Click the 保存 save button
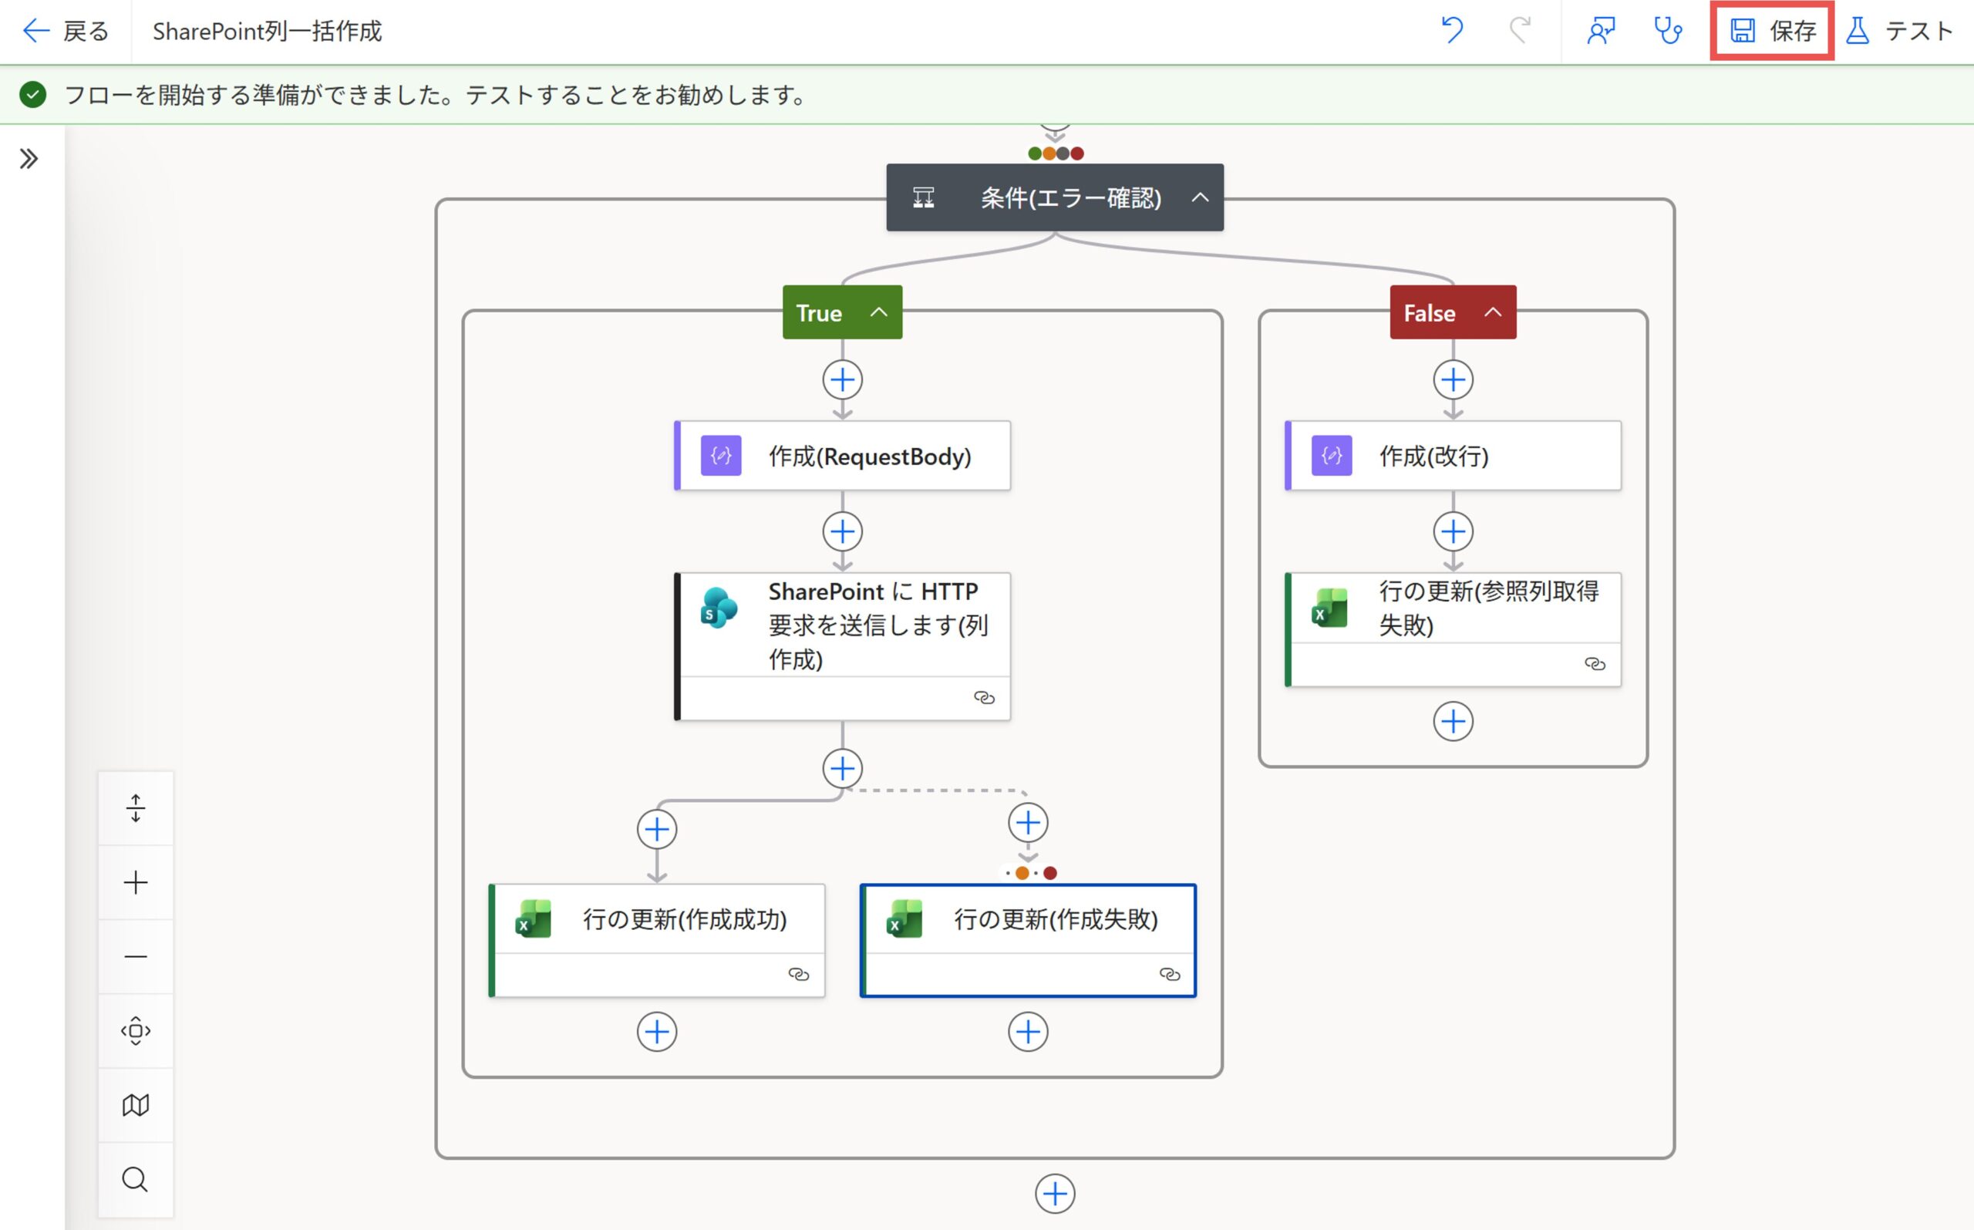click(x=1771, y=31)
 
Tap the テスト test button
click(x=1898, y=31)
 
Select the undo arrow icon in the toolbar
click(x=1452, y=31)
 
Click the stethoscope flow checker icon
click(x=1667, y=31)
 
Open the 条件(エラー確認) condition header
click(x=1054, y=197)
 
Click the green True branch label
click(x=842, y=312)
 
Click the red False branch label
click(x=1453, y=312)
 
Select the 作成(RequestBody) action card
click(x=843, y=456)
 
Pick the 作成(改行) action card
click(x=1453, y=456)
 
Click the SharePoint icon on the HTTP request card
click(x=719, y=608)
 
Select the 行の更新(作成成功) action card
click(x=656, y=940)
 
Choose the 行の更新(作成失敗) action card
click(x=1028, y=940)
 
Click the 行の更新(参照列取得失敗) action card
click(x=1453, y=629)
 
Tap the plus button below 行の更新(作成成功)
click(x=656, y=1032)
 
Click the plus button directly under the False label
click(x=1453, y=380)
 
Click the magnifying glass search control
click(x=135, y=1179)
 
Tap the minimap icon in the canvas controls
click(x=135, y=1105)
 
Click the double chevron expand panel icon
click(x=29, y=159)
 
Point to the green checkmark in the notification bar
click(x=32, y=95)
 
